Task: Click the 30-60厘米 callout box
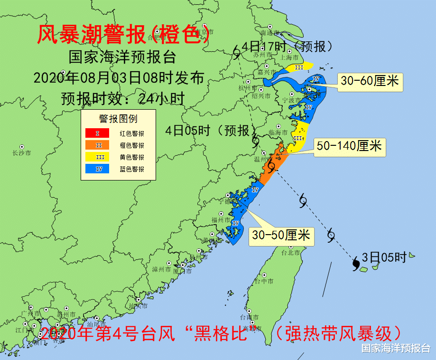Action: [370, 82]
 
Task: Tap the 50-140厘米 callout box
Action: [349, 146]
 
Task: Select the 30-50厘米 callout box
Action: [281, 235]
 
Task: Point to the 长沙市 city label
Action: [22, 153]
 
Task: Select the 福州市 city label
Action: [221, 219]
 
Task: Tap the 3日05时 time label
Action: [384, 257]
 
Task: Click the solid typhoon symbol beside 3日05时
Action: [355, 264]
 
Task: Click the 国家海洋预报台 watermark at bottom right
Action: [396, 348]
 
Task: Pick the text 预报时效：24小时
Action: [122, 97]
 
